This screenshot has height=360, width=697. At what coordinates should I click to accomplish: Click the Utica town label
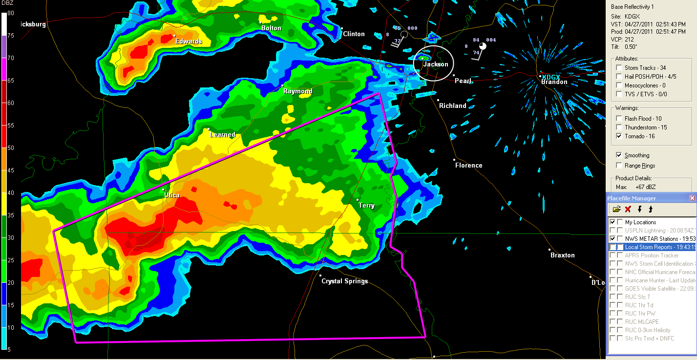[x=172, y=195]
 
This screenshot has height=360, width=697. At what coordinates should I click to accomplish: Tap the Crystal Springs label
[x=344, y=281]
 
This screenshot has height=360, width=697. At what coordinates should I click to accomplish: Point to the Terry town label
[x=367, y=206]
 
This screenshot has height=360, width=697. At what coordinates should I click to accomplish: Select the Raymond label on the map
[x=298, y=91]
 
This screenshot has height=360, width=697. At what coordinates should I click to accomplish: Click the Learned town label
[x=222, y=135]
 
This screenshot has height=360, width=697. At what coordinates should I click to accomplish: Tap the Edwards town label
[x=189, y=42]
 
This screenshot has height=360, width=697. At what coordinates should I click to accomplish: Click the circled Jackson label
[x=436, y=64]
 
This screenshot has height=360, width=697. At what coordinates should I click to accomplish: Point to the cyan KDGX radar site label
[x=551, y=77]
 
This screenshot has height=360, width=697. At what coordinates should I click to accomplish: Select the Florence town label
[x=468, y=166]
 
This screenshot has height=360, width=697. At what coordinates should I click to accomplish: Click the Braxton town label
[x=562, y=255]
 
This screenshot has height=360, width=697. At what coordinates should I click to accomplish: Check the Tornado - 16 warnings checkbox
[x=619, y=136]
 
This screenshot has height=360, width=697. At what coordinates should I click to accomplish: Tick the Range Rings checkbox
[x=619, y=166]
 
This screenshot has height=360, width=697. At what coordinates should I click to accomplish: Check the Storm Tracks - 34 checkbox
[x=619, y=68]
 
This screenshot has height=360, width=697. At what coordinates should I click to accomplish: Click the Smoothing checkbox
[x=619, y=155]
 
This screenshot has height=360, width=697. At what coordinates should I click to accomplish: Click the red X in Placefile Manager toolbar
[x=628, y=210]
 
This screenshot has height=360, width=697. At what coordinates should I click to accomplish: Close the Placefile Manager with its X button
[x=692, y=198]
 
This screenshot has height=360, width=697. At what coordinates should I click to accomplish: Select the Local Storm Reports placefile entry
[x=651, y=247]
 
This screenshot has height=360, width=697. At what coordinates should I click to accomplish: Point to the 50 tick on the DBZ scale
[x=10, y=148]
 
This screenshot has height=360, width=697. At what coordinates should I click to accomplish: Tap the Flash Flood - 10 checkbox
[x=619, y=119]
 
